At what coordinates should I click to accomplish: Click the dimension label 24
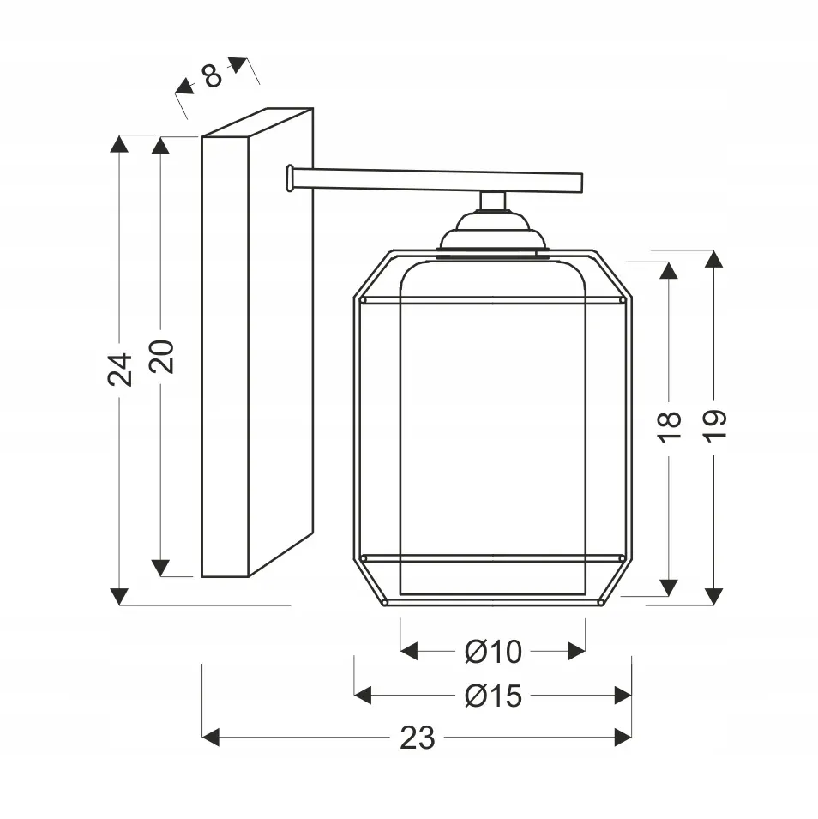coord(120,370)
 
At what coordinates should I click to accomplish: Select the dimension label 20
coord(161,356)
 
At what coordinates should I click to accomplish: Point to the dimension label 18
coord(669,427)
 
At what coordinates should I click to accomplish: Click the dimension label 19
coord(714,425)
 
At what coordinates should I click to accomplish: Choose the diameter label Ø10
coord(493,652)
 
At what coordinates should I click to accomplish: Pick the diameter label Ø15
coord(493,696)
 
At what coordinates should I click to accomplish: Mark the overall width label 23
coord(418,738)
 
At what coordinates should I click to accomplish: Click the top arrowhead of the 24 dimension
coord(120,143)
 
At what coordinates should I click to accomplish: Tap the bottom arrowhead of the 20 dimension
coord(160,569)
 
